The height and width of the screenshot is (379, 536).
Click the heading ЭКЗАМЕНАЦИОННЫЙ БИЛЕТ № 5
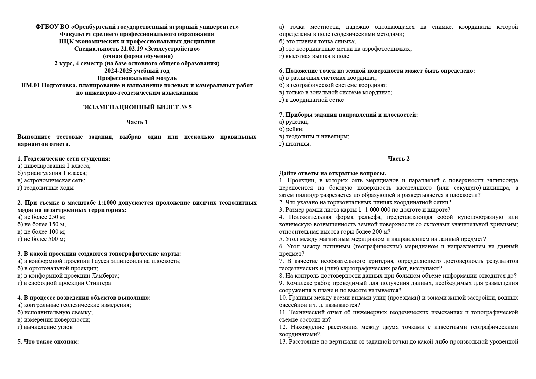tap(137, 107)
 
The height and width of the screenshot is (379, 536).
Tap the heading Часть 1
tap(137, 122)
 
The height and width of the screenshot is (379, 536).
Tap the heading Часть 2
tap(399, 159)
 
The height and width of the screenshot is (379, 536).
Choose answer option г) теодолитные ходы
tap(46, 188)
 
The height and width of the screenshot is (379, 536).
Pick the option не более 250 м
tap(42, 217)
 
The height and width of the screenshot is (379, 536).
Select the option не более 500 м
tap(42, 239)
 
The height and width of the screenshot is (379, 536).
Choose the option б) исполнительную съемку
tap(55, 312)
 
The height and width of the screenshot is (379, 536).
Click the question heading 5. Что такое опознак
tap(48, 341)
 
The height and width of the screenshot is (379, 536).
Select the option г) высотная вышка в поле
tap(314, 56)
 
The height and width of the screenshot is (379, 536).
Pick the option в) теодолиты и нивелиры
tap(314, 137)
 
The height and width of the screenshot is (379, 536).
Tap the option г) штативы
tap(295, 144)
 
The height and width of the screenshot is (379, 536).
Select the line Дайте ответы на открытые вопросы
tap(332, 173)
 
